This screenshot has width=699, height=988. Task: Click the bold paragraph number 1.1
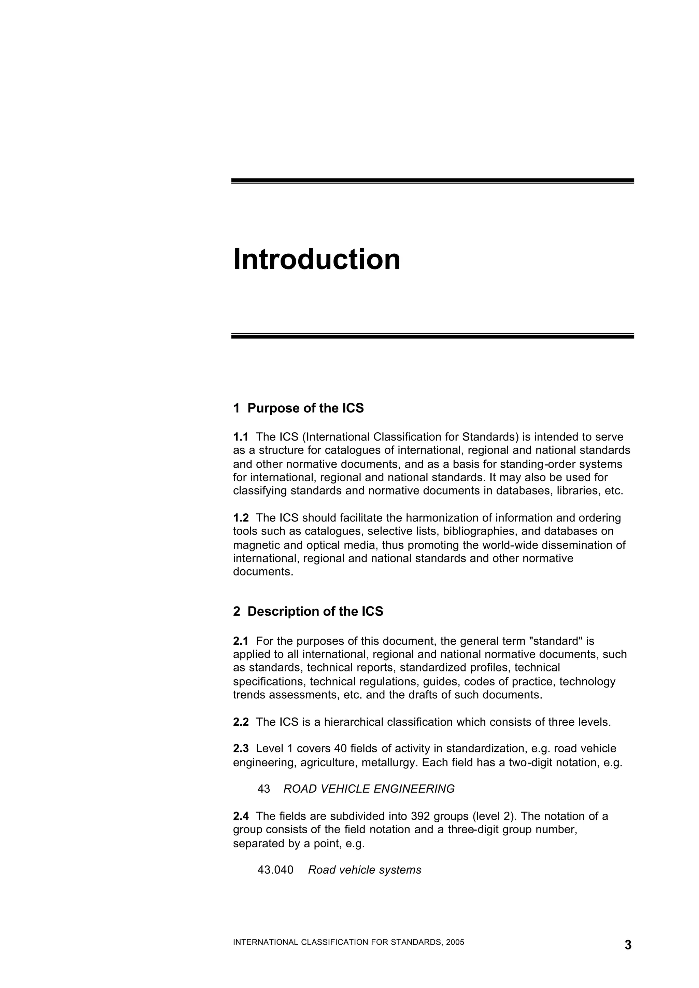coord(241,437)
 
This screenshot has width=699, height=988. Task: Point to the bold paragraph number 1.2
coord(241,517)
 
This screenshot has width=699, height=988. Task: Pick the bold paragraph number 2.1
coord(241,641)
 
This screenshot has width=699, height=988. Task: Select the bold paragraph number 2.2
coord(241,722)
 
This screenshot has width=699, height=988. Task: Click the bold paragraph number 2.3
coord(241,749)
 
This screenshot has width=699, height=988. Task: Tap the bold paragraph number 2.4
coord(241,816)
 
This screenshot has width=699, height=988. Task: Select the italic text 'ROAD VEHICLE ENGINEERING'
coord(369,789)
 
